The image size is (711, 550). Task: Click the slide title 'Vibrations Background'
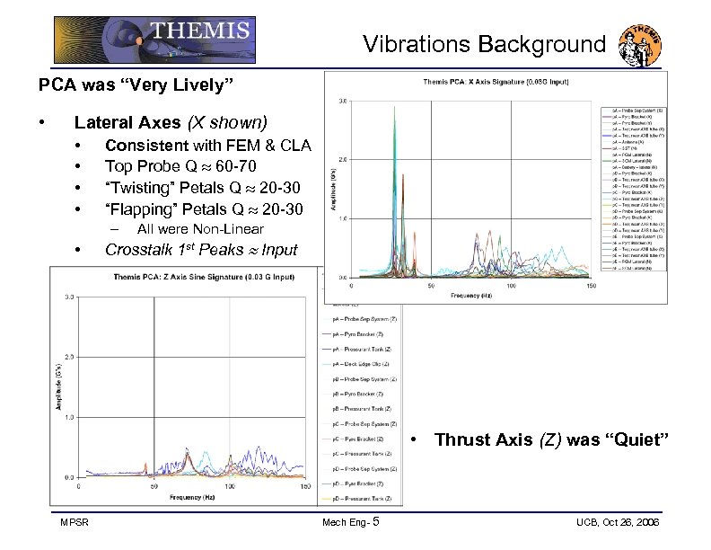pyautogui.click(x=484, y=44)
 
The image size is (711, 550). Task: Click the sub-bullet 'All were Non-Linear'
pyautogui.click(x=200, y=229)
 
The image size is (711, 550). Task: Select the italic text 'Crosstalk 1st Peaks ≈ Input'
pyautogui.click(x=201, y=250)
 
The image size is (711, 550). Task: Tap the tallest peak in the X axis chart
pyautogui.click(x=395, y=109)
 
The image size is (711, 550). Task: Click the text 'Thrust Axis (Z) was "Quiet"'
pyautogui.click(x=552, y=439)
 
